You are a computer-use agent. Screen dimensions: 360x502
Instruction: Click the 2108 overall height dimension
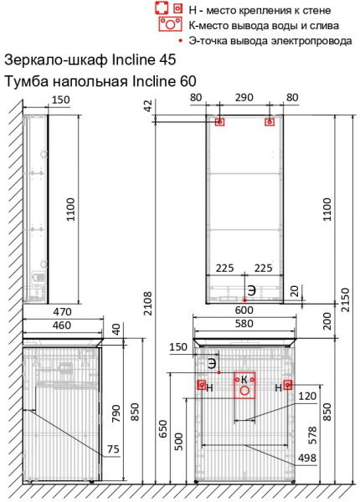(x=147, y=304)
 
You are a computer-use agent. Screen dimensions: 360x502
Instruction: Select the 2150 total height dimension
(x=346, y=300)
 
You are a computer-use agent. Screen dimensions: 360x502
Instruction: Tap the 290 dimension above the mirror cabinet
(x=244, y=97)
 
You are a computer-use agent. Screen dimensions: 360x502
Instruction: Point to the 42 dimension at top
(x=147, y=105)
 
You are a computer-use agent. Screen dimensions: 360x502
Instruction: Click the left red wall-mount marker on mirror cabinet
(x=219, y=121)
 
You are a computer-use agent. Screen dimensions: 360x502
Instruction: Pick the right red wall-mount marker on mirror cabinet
(x=270, y=121)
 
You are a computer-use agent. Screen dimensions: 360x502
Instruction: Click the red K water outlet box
(x=244, y=385)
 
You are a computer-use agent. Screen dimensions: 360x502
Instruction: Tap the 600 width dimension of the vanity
(x=244, y=310)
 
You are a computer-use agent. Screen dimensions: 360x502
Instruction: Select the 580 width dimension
(x=244, y=323)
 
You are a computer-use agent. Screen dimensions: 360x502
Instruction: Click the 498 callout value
(x=307, y=458)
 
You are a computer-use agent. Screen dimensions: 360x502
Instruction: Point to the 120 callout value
(x=307, y=396)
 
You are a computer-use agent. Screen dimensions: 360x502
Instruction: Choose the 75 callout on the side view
(x=113, y=449)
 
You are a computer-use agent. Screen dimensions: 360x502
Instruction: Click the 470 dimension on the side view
(x=63, y=311)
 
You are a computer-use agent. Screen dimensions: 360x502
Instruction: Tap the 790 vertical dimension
(x=116, y=413)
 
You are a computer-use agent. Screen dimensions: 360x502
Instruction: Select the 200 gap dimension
(x=327, y=321)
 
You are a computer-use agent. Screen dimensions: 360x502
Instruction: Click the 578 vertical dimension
(x=311, y=435)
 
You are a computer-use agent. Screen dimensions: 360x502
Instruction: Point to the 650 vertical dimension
(x=162, y=429)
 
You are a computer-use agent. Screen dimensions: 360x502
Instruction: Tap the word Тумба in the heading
(x=27, y=81)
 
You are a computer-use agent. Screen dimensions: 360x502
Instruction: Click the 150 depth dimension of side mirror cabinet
(x=61, y=100)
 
